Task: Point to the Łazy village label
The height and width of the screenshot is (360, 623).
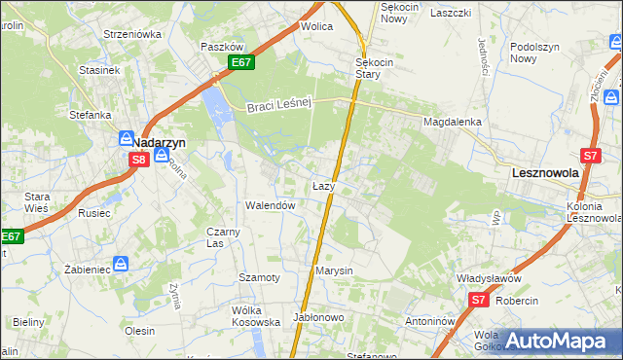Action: coord(324,185)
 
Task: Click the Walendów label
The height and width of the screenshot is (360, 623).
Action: coord(270,206)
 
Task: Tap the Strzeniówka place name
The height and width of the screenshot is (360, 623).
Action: coord(132,34)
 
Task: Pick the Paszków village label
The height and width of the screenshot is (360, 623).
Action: coord(221,47)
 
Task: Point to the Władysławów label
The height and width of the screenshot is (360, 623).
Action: coord(489,278)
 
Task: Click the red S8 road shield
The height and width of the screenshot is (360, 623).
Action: coord(139,160)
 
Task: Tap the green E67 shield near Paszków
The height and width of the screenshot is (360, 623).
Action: coord(243,62)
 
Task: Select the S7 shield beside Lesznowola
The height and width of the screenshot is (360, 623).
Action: coord(590,155)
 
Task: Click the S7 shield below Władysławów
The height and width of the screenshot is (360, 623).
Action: coord(477,301)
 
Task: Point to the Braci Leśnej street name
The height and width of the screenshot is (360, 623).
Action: coord(277,106)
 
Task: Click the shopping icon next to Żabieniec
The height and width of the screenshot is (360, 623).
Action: coord(121,264)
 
